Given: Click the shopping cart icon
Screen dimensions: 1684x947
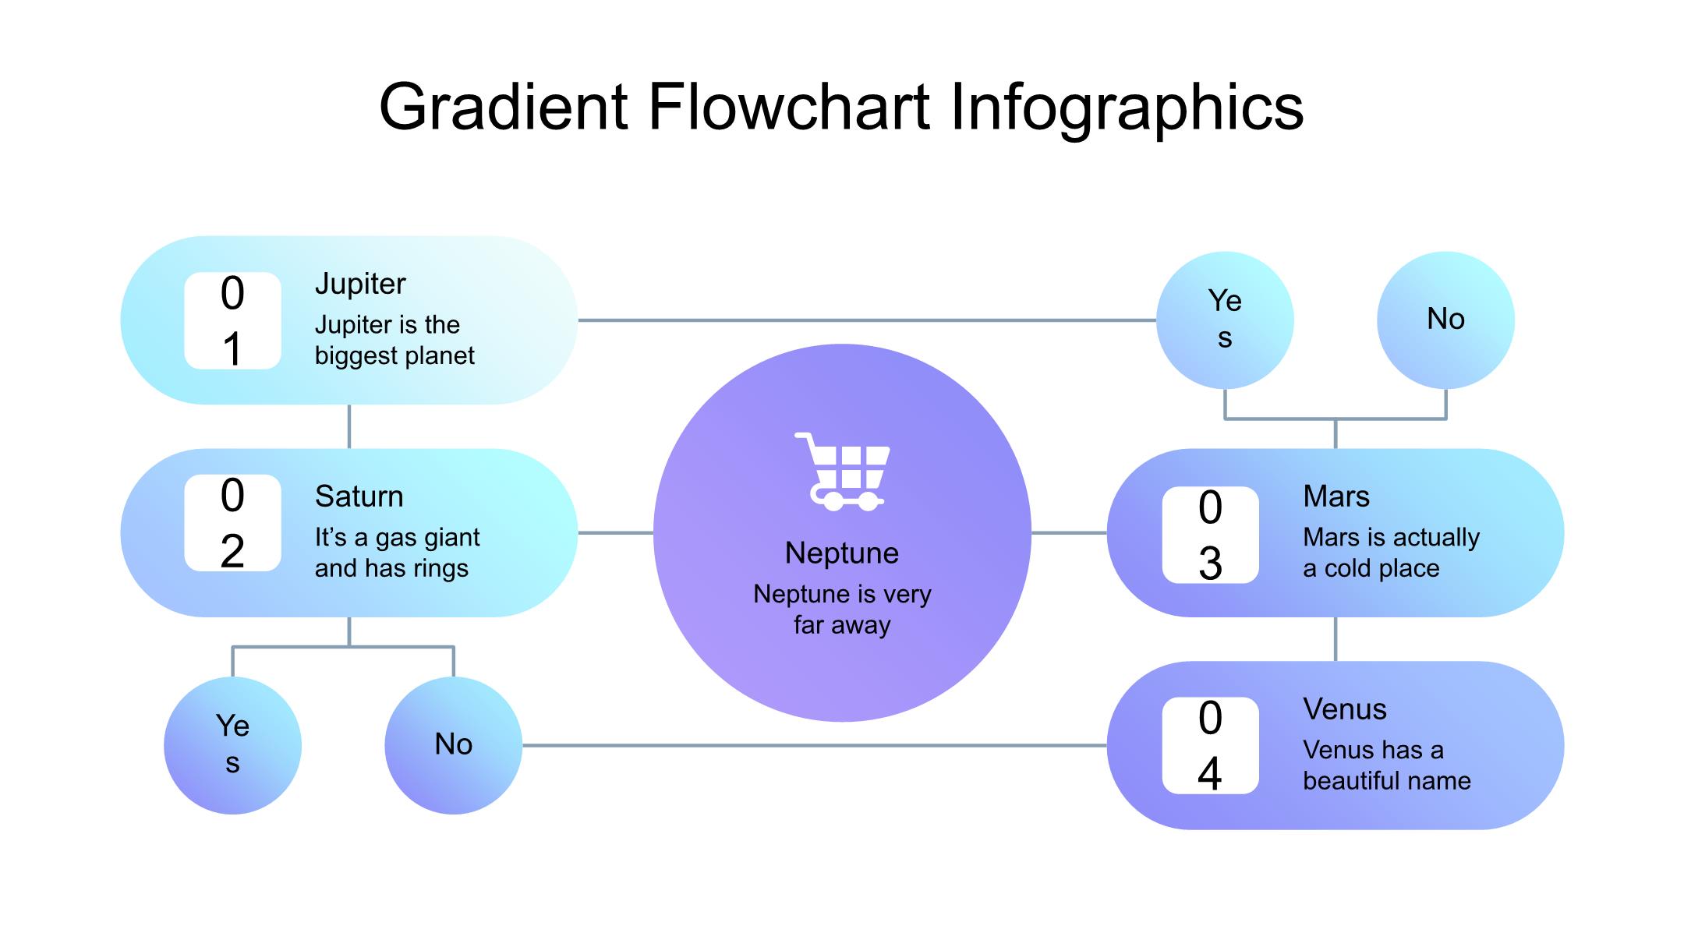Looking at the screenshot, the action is click(x=842, y=472).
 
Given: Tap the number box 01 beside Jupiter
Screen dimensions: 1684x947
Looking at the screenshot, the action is click(x=232, y=320).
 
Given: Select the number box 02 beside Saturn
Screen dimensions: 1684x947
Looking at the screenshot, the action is click(x=232, y=523).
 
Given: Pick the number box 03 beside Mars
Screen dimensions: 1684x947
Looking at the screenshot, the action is click(x=1210, y=535).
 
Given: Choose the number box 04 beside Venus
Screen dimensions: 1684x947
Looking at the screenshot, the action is click(x=1210, y=746).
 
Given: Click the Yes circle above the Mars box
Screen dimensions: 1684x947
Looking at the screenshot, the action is click(x=1225, y=320).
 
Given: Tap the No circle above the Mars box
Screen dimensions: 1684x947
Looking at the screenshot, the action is click(x=1445, y=320).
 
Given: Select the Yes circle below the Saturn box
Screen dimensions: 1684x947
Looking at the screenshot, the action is click(x=232, y=746).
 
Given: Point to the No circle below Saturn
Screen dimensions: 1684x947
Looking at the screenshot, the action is click(x=453, y=746).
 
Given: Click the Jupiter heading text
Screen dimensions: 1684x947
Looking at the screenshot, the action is click(x=360, y=284).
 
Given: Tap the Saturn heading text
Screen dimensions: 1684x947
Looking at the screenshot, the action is click(x=359, y=496).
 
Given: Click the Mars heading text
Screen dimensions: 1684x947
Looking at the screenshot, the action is click(x=1336, y=496).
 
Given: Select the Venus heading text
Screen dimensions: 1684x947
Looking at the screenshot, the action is click(x=1345, y=709).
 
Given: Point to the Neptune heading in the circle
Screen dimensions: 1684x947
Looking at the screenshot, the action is click(x=842, y=553).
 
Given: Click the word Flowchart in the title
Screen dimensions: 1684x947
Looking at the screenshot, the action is click(x=788, y=107).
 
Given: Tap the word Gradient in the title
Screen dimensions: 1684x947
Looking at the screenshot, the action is click(x=504, y=107).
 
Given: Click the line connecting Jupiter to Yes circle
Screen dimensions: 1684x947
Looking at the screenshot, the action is click(x=867, y=320).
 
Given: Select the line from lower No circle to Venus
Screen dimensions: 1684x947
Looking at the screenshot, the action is click(x=815, y=746).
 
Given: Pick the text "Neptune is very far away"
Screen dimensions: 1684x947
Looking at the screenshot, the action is click(x=842, y=610).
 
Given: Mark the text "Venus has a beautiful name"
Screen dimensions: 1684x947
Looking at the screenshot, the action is click(x=1387, y=765).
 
